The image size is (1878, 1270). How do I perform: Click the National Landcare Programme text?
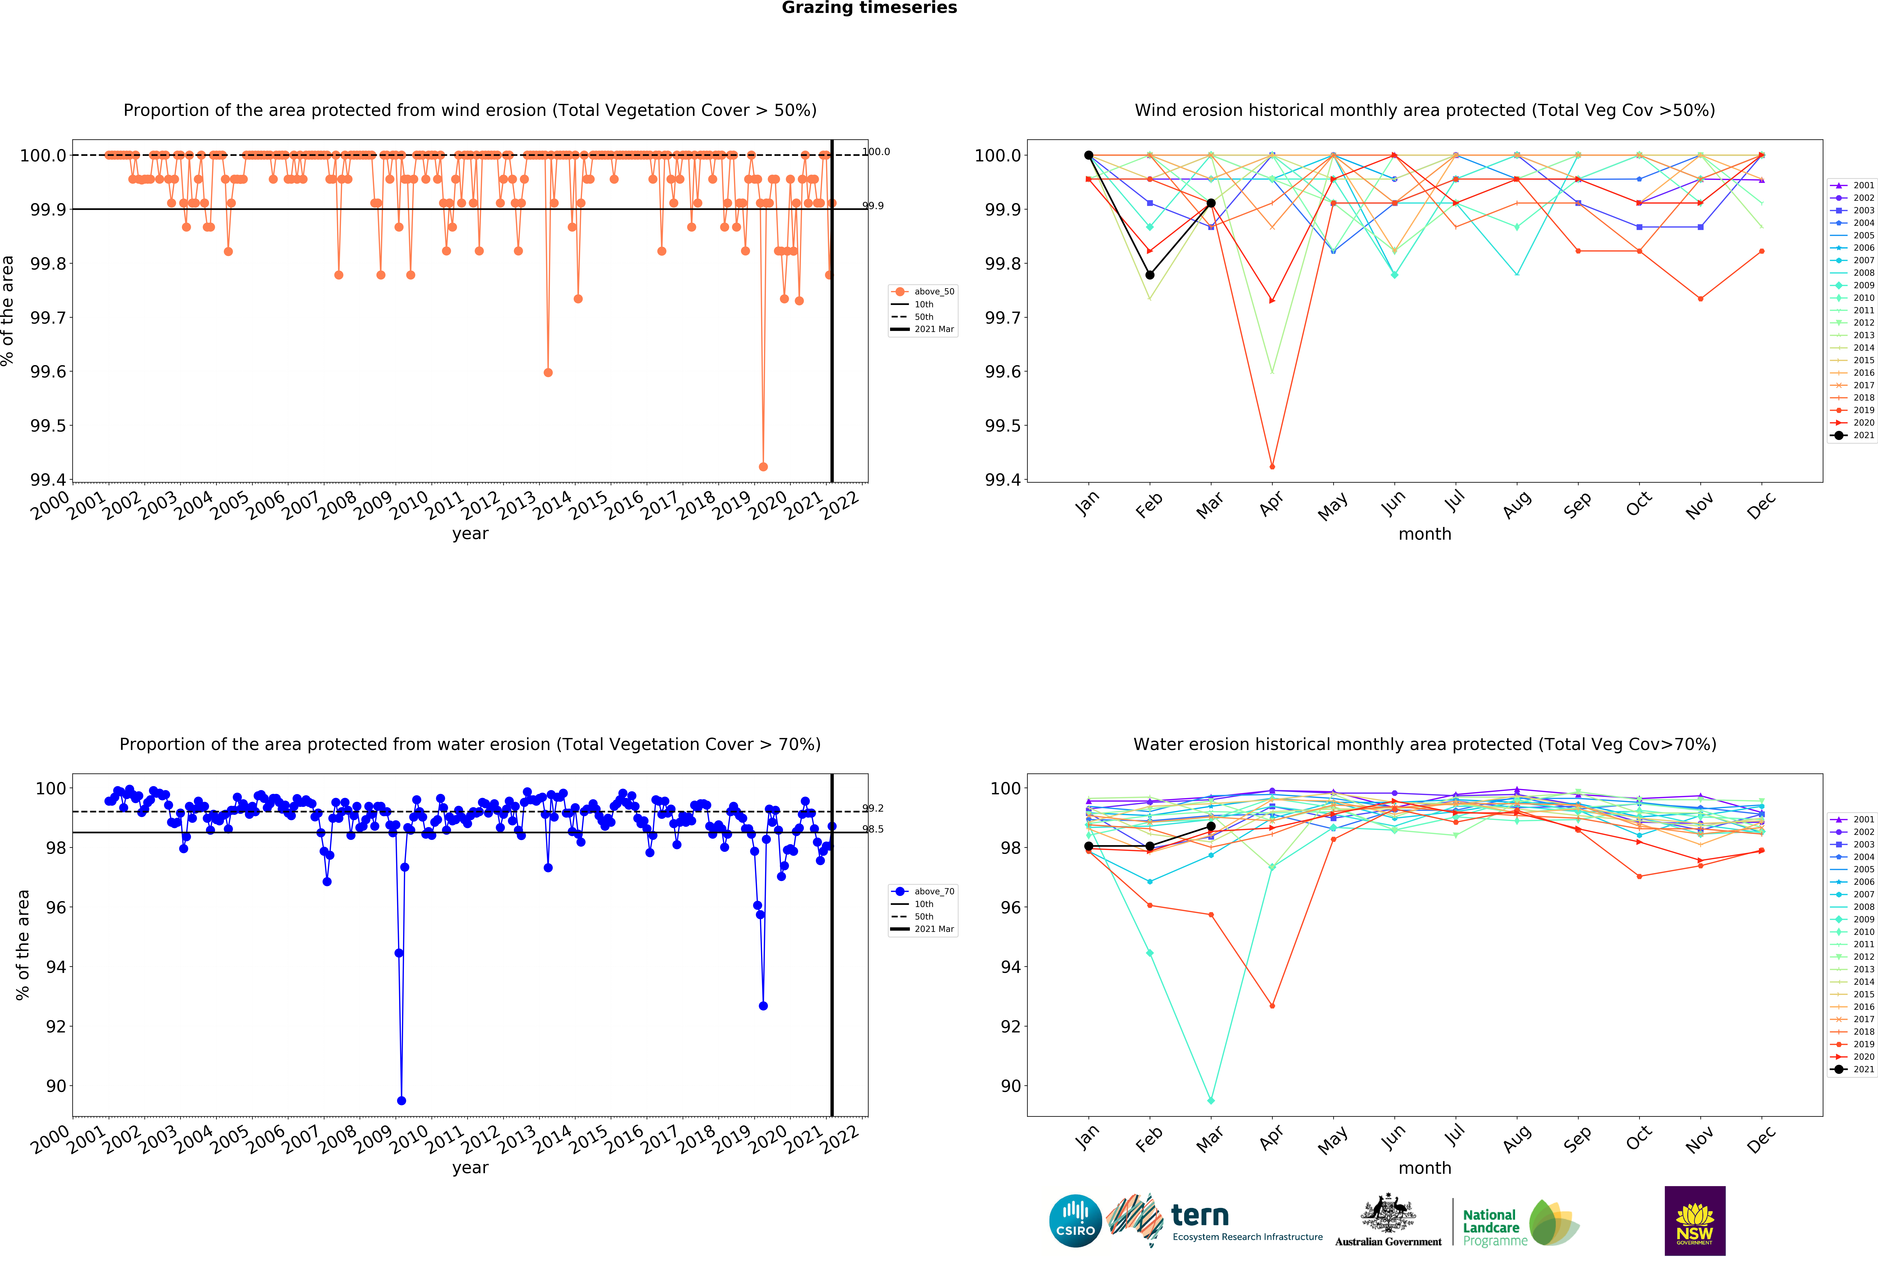(x=1494, y=1227)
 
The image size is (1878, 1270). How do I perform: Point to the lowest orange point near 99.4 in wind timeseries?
(x=763, y=467)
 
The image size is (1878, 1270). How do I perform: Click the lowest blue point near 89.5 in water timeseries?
(x=402, y=1100)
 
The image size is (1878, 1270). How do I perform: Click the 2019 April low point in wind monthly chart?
(x=1272, y=467)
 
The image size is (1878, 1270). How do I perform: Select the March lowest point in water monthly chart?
(x=1210, y=1100)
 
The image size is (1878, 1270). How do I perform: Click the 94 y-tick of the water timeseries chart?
(x=56, y=967)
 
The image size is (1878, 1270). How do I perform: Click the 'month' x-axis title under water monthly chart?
(x=1425, y=1168)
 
